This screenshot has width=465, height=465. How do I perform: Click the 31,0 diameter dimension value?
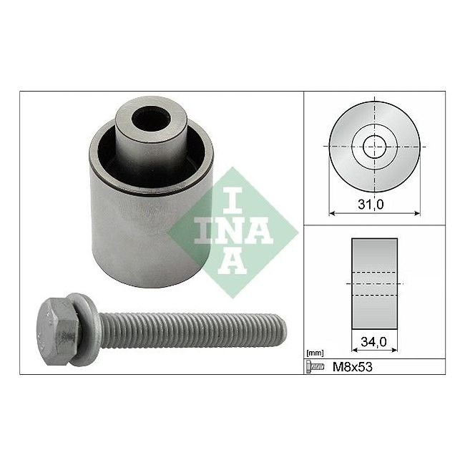point(371,205)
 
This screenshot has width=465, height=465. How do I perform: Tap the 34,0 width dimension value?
point(373,342)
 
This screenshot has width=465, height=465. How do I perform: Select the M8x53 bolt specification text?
point(352,367)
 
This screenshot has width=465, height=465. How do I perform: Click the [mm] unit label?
point(315,353)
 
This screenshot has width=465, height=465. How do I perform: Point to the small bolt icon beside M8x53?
point(315,367)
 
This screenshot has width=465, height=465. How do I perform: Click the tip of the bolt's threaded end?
point(286,330)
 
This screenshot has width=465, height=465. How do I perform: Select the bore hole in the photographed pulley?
point(151,118)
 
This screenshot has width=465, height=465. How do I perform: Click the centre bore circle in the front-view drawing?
point(375,147)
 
